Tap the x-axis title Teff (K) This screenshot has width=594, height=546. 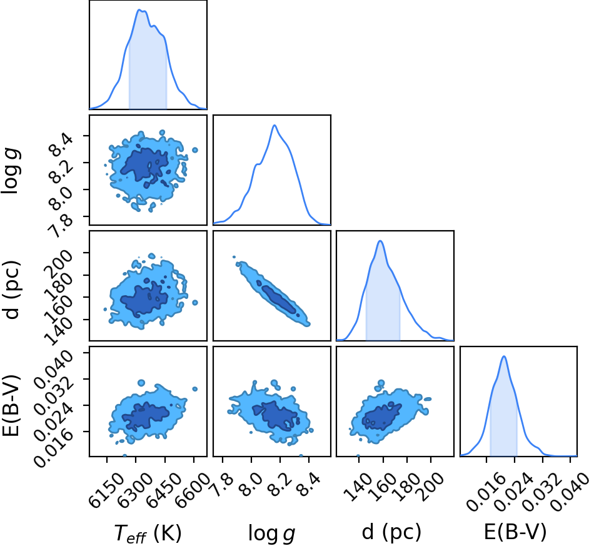pyautogui.click(x=148, y=533)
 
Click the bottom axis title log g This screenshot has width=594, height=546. pyautogui.click(x=271, y=533)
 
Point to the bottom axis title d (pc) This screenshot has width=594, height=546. pyautogui.click(x=391, y=532)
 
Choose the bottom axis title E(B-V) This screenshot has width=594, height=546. pyautogui.click(x=515, y=532)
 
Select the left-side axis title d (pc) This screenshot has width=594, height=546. pyautogui.click(x=11, y=290)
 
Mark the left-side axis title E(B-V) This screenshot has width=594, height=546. pyautogui.click(x=11, y=405)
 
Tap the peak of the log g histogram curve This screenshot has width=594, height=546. pyautogui.click(x=274, y=125)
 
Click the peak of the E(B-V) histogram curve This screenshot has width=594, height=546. pyautogui.click(x=504, y=356)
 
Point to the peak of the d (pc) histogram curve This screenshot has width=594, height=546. pyautogui.click(x=380, y=241)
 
